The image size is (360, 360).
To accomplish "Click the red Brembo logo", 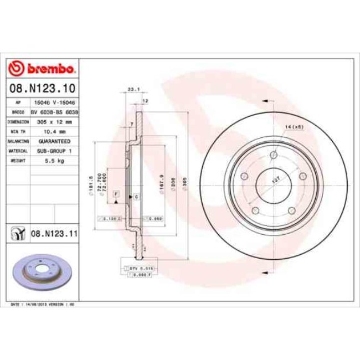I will coord(42,69).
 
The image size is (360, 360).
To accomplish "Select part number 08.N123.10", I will coord(42,88).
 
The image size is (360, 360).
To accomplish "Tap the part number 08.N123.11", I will coord(54,234).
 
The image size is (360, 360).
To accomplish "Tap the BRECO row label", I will coord(18,112).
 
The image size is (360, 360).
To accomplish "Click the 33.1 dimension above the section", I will coord(133,89).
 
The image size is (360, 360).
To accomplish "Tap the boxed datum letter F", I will coord(116,194).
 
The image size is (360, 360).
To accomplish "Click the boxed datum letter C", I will coord(136,197).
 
